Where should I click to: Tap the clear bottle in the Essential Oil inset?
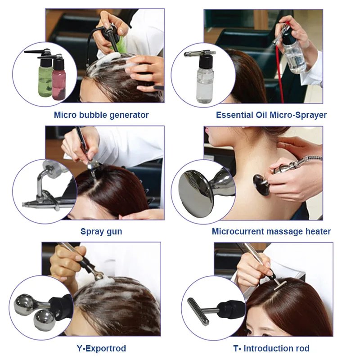click(205, 83)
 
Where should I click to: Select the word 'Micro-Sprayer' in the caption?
click(298, 115)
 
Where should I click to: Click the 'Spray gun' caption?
click(101, 231)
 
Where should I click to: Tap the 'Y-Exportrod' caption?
click(101, 348)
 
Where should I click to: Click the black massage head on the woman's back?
click(261, 184)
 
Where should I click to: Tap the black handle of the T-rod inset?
click(231, 310)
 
